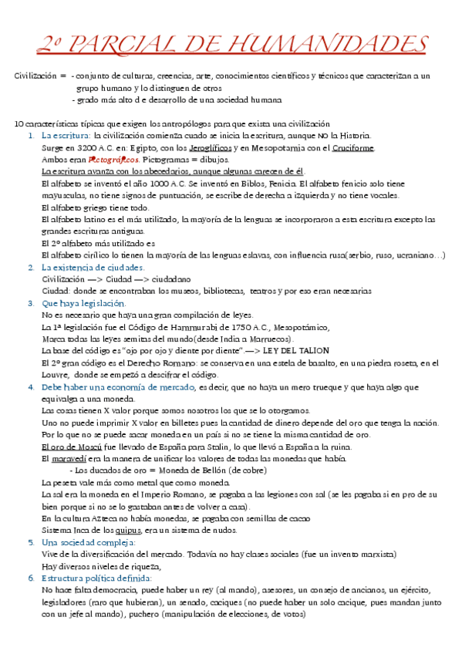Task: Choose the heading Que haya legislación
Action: pos(78,303)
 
